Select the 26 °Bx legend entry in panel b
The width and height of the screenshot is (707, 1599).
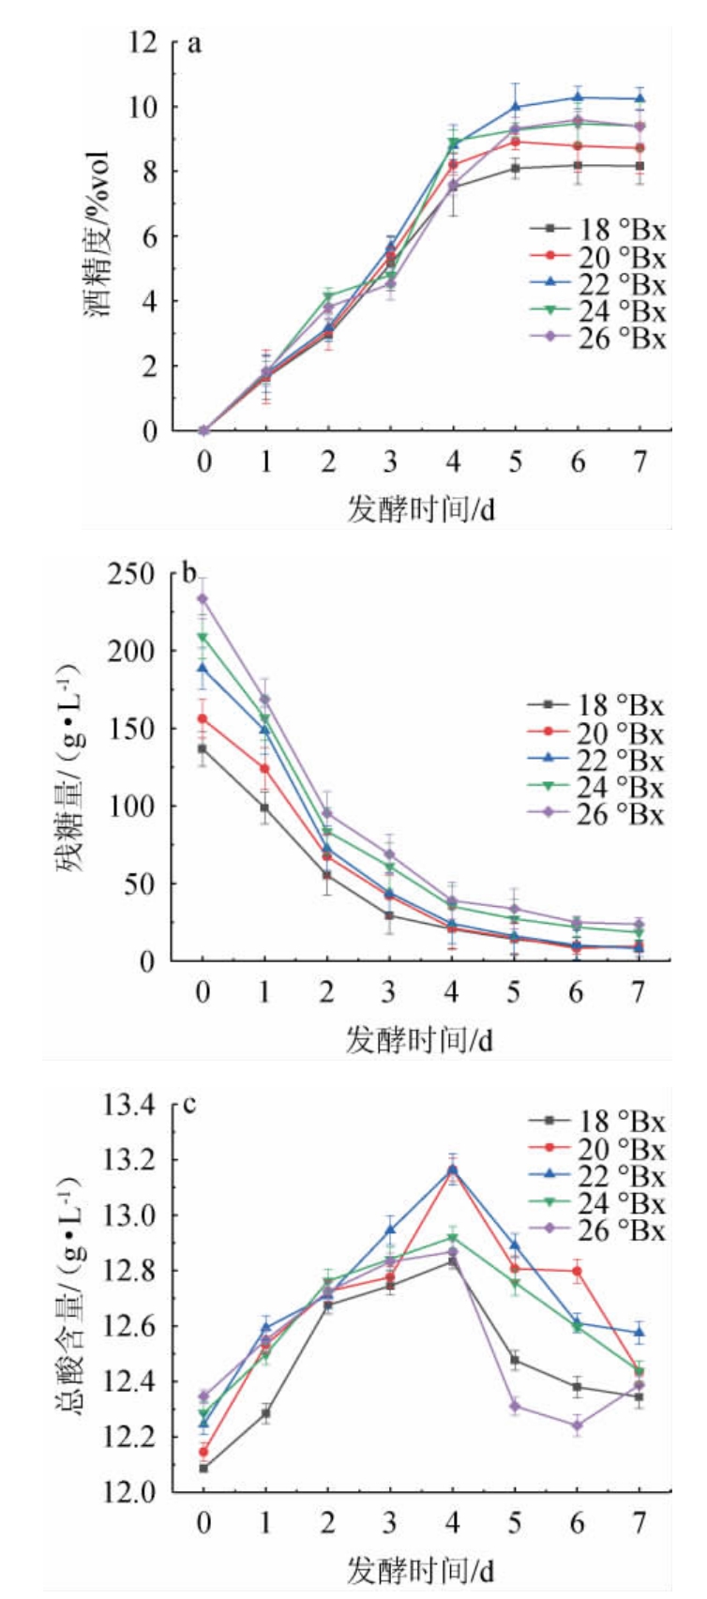595,814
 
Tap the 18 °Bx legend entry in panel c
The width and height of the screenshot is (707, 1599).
596,1121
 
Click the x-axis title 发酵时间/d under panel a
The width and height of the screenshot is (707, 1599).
420,509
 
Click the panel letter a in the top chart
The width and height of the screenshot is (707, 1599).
195,43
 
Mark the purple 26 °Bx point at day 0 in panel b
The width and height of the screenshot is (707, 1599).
203,598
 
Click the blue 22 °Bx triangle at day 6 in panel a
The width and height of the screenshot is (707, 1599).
578,97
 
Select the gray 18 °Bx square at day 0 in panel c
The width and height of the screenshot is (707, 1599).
203,1467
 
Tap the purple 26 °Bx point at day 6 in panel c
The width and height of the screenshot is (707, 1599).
578,1426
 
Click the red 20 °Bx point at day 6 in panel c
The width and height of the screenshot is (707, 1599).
578,1272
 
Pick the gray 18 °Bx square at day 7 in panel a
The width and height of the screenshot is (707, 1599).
639,166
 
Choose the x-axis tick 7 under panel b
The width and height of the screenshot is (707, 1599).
639,991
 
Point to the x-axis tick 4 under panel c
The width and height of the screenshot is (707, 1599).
453,1523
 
